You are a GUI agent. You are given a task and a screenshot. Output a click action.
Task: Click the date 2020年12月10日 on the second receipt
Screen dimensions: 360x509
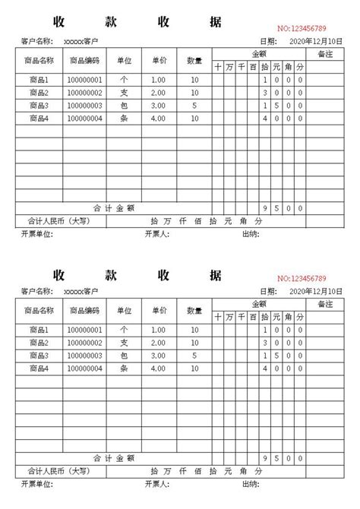[316, 291]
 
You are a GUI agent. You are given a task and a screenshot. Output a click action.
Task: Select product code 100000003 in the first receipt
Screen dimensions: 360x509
[84, 106]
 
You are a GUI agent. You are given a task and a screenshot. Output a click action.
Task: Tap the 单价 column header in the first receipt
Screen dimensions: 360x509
[159, 59]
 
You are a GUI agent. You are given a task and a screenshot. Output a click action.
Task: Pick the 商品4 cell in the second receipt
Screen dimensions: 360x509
[38, 368]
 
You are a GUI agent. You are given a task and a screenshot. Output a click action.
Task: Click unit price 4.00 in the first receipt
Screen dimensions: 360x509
[158, 119]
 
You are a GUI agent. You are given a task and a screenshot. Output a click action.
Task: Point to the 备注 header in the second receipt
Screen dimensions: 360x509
[326, 304]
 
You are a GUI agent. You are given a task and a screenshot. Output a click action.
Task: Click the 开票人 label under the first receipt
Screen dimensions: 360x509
[156, 235]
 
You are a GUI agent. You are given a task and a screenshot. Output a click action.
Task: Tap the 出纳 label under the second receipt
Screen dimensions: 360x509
[250, 484]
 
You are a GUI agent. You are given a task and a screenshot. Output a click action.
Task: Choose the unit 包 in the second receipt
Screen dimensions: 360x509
[123, 356]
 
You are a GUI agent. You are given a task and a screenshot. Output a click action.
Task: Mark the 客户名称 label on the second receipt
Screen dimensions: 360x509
[37, 291]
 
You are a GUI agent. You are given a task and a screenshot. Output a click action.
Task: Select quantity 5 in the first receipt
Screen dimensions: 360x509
[194, 106]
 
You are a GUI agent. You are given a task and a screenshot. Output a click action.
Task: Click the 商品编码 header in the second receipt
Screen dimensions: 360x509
[84, 310]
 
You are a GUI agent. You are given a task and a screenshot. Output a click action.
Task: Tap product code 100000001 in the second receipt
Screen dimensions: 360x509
[84, 330]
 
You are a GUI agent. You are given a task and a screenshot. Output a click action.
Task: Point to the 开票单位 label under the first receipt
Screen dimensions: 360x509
[37, 235]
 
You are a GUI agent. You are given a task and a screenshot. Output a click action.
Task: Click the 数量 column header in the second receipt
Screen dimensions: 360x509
[194, 310]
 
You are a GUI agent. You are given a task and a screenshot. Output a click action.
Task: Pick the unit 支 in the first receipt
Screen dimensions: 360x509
[123, 93]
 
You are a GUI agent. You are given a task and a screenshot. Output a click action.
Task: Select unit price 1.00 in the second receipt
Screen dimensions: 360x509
[158, 330]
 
